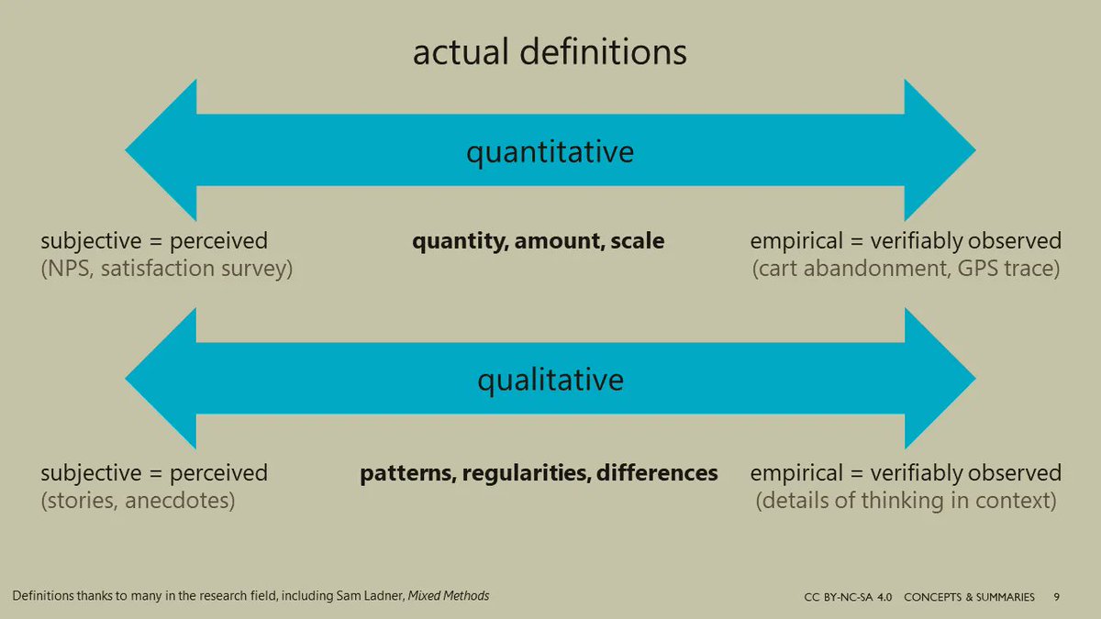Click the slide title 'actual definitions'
coord(550,52)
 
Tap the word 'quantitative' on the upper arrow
coord(550,151)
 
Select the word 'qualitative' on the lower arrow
coord(550,379)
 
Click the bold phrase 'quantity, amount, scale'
coord(538,241)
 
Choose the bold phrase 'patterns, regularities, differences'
coord(539,473)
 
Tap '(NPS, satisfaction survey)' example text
coord(166,271)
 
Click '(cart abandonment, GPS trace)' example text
coord(906,271)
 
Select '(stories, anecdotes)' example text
coord(138,502)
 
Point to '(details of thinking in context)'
coord(906,502)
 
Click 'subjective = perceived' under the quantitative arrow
coord(154,241)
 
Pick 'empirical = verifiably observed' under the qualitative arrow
coord(906,473)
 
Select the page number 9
coord(1057,597)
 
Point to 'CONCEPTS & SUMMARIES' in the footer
coord(969,597)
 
